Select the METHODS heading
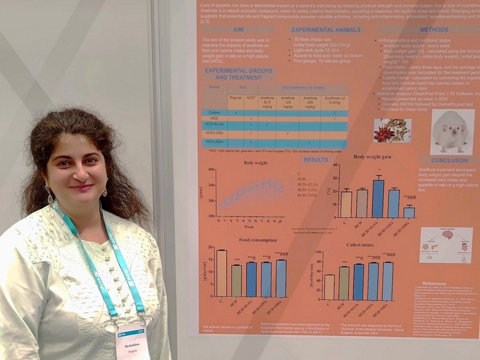(x=433, y=29)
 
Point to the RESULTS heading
(x=316, y=160)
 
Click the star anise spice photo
(x=391, y=130)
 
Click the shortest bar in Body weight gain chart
(x=409, y=212)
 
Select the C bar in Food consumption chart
(x=222, y=273)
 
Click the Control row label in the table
(x=211, y=113)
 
